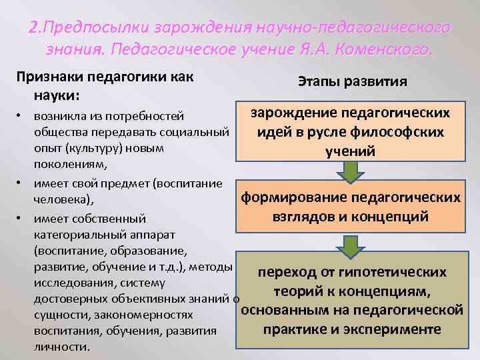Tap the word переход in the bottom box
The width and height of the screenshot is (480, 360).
click(x=289, y=272)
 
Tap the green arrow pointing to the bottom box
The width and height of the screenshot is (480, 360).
click(x=349, y=244)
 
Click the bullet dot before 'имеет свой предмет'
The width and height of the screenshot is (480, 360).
click(x=21, y=182)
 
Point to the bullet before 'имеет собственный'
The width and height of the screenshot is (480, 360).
click(x=21, y=218)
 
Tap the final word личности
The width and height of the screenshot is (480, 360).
click(x=61, y=347)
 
